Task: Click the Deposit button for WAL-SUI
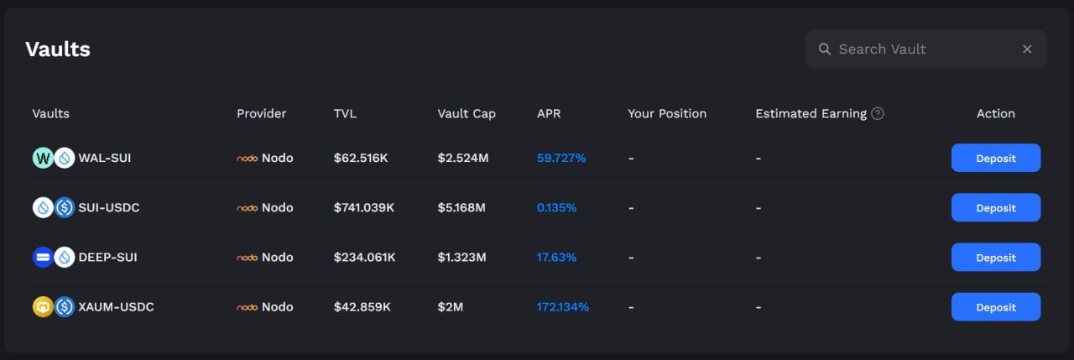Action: pos(995,158)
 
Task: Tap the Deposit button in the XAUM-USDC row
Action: pos(995,307)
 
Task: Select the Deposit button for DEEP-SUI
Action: pos(995,258)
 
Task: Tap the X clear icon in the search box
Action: pos(1027,49)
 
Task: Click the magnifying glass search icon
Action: pos(825,49)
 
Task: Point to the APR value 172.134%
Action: pos(562,307)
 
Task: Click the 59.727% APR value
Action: pos(560,158)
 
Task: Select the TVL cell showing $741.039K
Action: pos(363,208)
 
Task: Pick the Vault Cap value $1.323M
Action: pos(461,258)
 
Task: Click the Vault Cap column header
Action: pos(466,113)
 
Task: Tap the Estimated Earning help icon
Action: pos(878,113)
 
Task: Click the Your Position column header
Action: pos(666,113)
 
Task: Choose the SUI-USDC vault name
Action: pos(109,208)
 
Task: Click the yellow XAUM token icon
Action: pos(43,307)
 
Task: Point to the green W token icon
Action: pos(43,158)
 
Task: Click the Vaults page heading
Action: pos(57,50)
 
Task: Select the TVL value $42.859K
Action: pos(362,307)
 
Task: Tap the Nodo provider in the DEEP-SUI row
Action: pos(265,258)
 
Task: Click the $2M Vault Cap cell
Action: pos(450,307)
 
